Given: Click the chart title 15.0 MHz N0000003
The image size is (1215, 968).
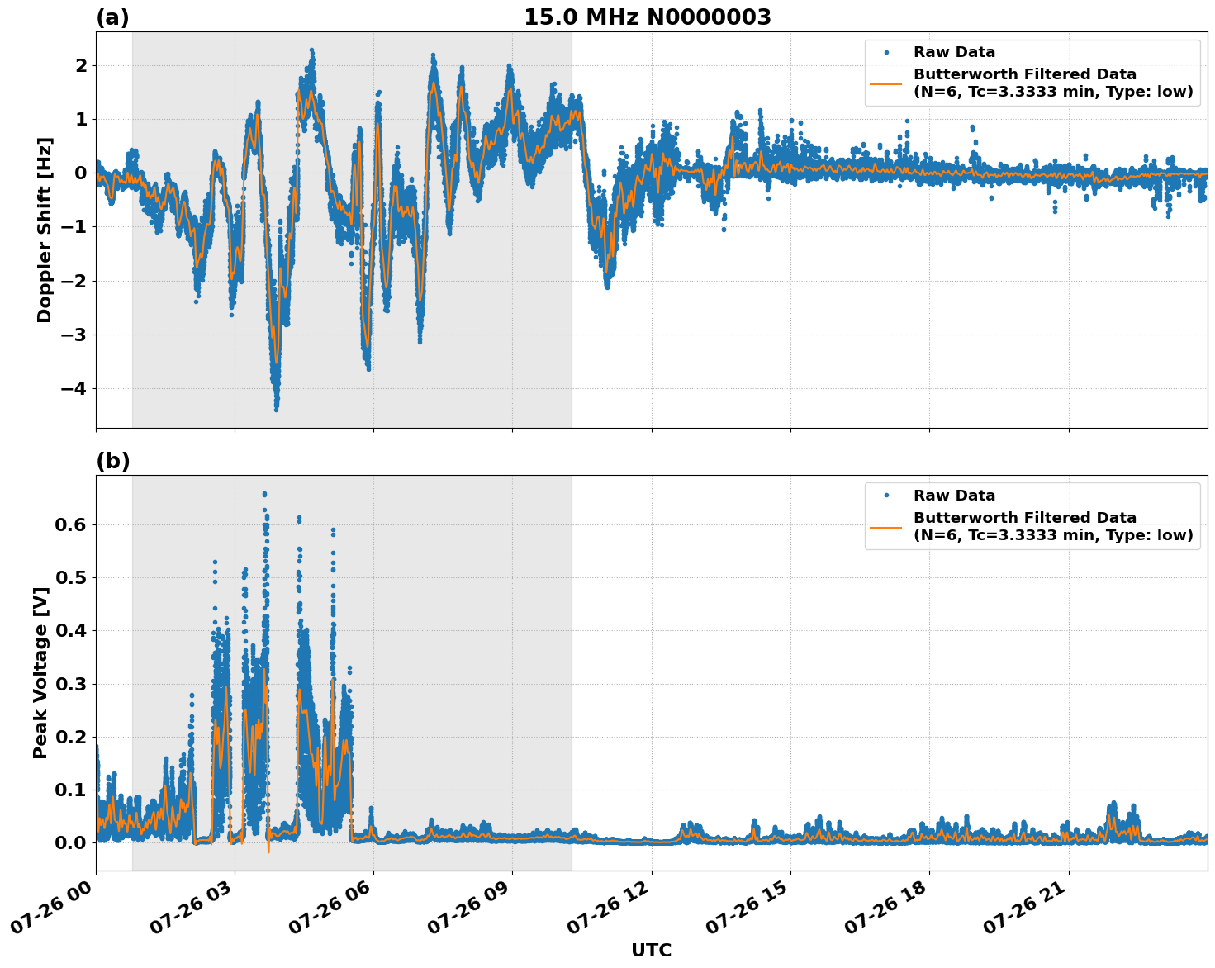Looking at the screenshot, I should pos(647,17).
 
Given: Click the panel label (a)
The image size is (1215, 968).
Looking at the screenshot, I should pos(112,17).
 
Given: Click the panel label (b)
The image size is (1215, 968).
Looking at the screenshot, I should pos(112,461).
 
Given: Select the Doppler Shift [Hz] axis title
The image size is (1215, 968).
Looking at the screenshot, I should pos(45,230).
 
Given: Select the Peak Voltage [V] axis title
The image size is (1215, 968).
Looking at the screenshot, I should pos(40,672).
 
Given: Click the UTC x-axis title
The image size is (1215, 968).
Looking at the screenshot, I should pos(651,950).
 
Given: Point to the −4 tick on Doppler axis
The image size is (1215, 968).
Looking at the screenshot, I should pos(74,388).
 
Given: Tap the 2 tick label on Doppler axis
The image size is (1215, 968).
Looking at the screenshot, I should pos(81,65).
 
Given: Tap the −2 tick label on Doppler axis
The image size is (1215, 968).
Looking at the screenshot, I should pos(74,281).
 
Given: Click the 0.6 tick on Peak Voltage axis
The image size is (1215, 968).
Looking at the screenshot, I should pos(70,524).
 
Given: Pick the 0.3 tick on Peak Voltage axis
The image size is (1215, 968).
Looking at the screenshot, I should pos(70,684).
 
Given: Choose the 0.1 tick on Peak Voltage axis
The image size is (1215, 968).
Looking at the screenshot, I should pos(70,790).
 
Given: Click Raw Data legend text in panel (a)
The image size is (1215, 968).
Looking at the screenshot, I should pos(954,52).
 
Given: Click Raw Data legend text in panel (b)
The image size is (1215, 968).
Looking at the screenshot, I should pos(954,496).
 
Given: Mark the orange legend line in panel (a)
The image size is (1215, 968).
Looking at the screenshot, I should pos(885,83).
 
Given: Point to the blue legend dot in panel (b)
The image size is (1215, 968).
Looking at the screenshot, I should pos(885,496).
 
